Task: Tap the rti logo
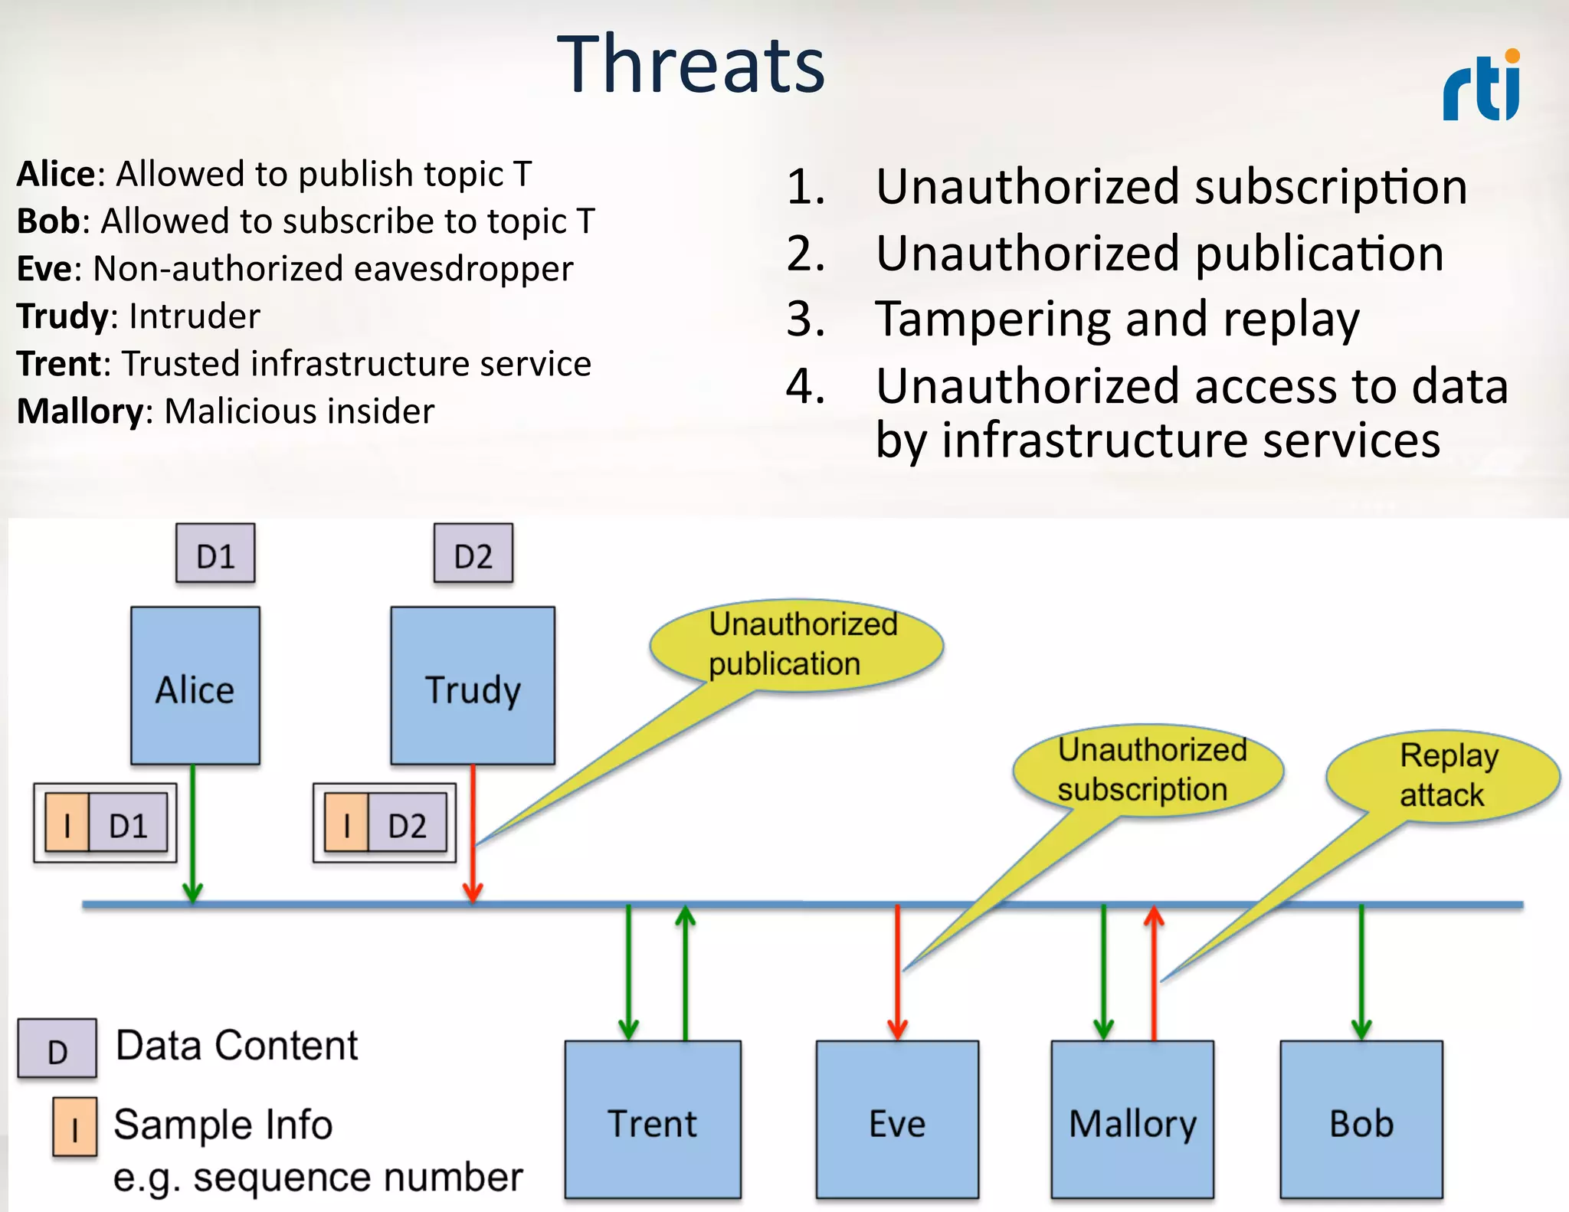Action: pyautogui.click(x=1482, y=86)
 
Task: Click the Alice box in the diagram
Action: pyautogui.click(x=195, y=686)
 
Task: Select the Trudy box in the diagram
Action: pyautogui.click(x=473, y=686)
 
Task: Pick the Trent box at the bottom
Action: pyautogui.click(x=653, y=1119)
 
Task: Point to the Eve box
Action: pyautogui.click(x=897, y=1119)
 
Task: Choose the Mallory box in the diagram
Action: pyautogui.click(x=1132, y=1119)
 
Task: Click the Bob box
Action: pyautogui.click(x=1361, y=1119)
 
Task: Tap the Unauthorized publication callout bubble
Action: pyautogui.click(x=797, y=644)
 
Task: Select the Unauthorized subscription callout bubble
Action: pyautogui.click(x=1148, y=769)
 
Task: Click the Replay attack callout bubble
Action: pyautogui.click(x=1443, y=775)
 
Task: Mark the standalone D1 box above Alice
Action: pyautogui.click(x=215, y=554)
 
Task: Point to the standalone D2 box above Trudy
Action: pyautogui.click(x=473, y=554)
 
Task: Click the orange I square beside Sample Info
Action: pyautogui.click(x=75, y=1126)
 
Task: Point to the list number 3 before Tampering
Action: pyautogui.click(x=805, y=319)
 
